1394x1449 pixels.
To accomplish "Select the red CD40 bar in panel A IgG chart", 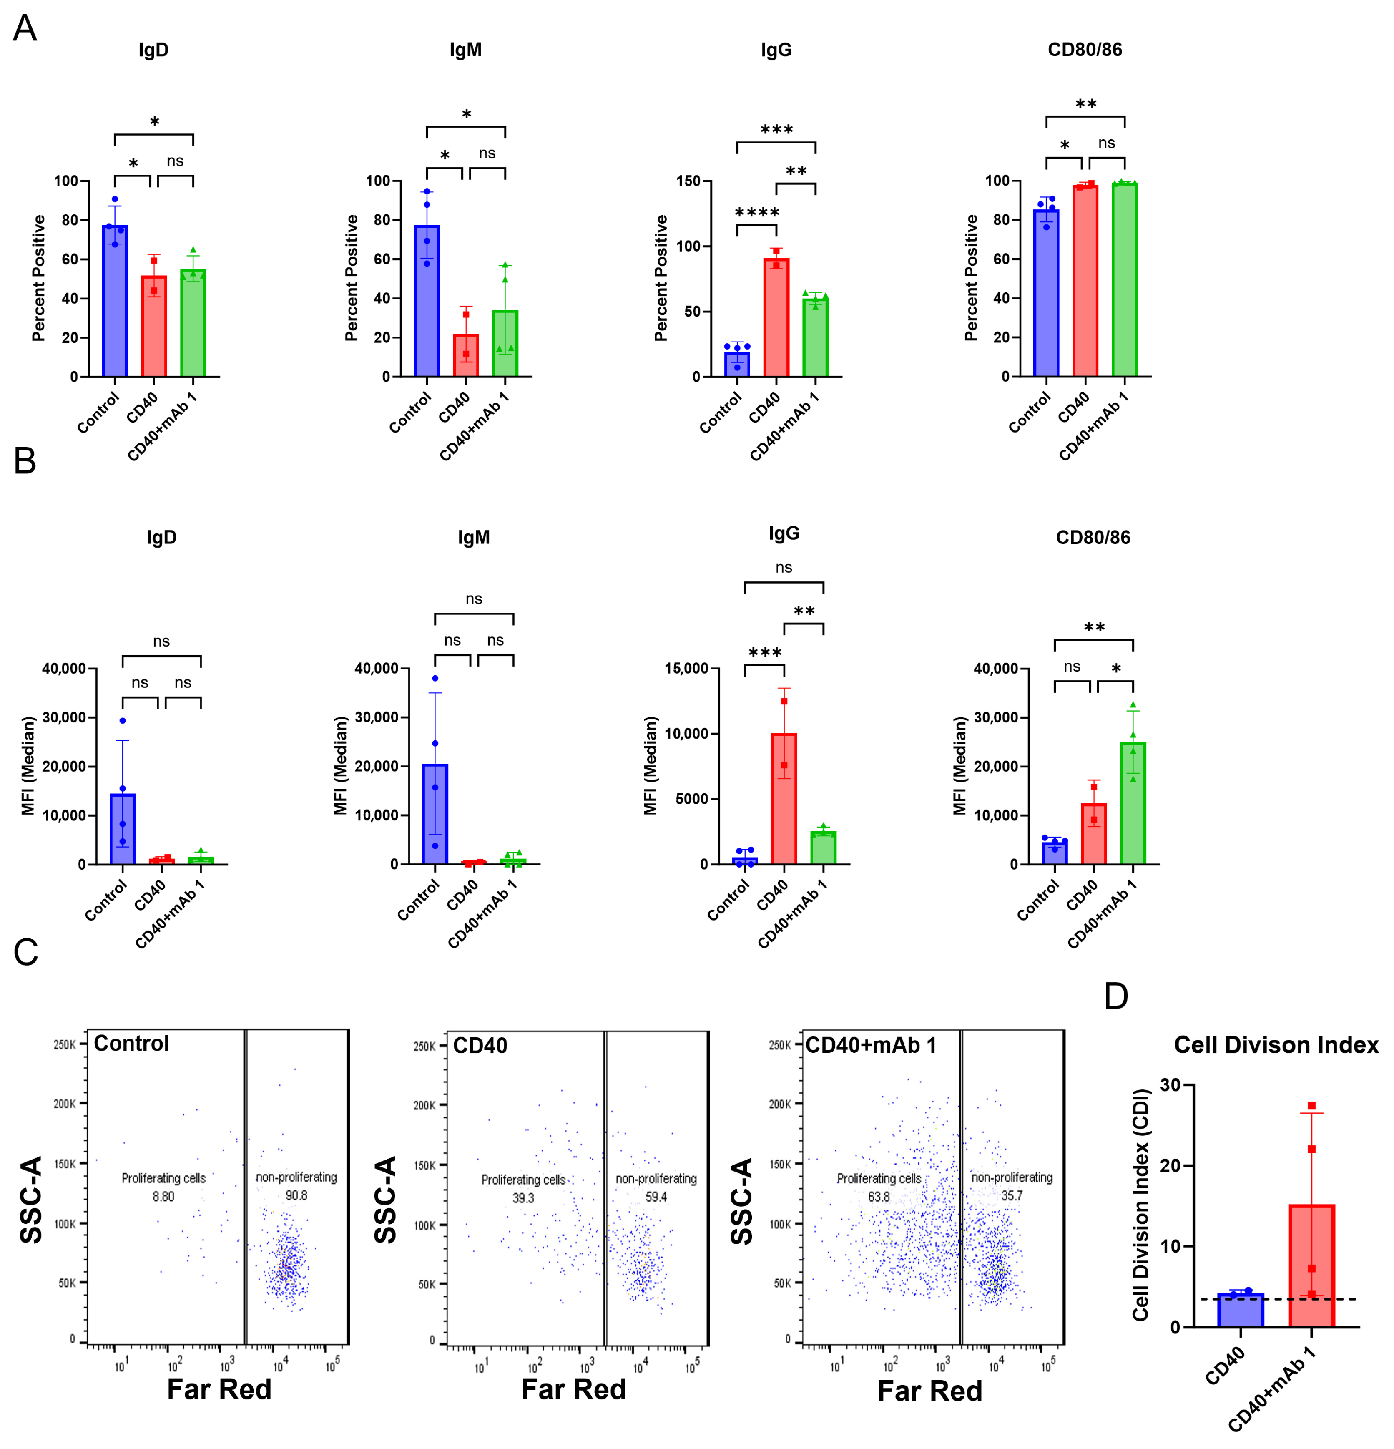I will point(776,318).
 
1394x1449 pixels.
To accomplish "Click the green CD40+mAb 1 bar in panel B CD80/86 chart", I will point(1133,806).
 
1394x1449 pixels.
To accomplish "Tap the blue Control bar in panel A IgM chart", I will point(427,303).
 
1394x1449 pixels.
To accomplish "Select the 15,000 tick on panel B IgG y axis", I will point(686,668).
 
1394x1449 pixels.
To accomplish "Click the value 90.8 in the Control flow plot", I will point(296,1195).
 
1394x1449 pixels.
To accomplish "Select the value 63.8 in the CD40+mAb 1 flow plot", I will point(879,1197).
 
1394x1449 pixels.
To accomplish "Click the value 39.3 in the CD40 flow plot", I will point(523,1197).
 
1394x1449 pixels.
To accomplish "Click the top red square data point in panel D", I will point(1311,1106).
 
